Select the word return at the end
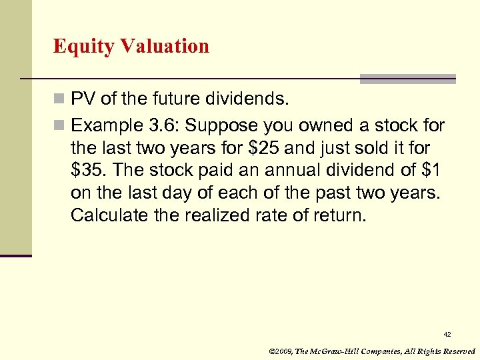(340, 215)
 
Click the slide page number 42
(447, 334)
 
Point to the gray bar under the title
(408, 79)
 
